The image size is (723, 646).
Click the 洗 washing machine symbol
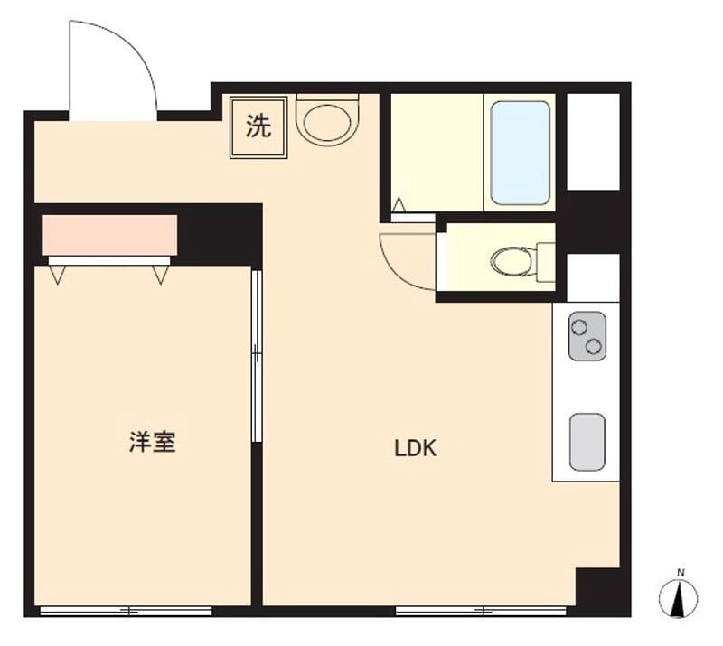click(x=258, y=126)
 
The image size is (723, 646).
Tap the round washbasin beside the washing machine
click(x=327, y=120)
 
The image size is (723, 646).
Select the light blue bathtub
click(x=521, y=153)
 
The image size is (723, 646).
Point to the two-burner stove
click(x=587, y=336)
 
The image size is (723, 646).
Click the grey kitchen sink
click(x=587, y=442)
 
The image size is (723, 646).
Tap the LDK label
click(x=416, y=448)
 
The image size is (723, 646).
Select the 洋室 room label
click(x=152, y=442)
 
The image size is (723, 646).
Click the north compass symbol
click(x=678, y=599)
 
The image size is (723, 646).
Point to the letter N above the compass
click(x=681, y=573)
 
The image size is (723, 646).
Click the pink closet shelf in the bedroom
click(x=109, y=234)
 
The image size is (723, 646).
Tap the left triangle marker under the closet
click(x=57, y=275)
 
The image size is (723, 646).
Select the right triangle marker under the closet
click(x=161, y=275)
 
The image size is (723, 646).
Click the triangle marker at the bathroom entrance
click(x=399, y=204)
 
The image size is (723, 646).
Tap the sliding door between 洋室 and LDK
click(x=257, y=356)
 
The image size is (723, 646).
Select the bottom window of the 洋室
click(x=126, y=611)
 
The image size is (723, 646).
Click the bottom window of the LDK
click(x=481, y=611)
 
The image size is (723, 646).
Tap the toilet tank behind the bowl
click(x=546, y=262)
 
